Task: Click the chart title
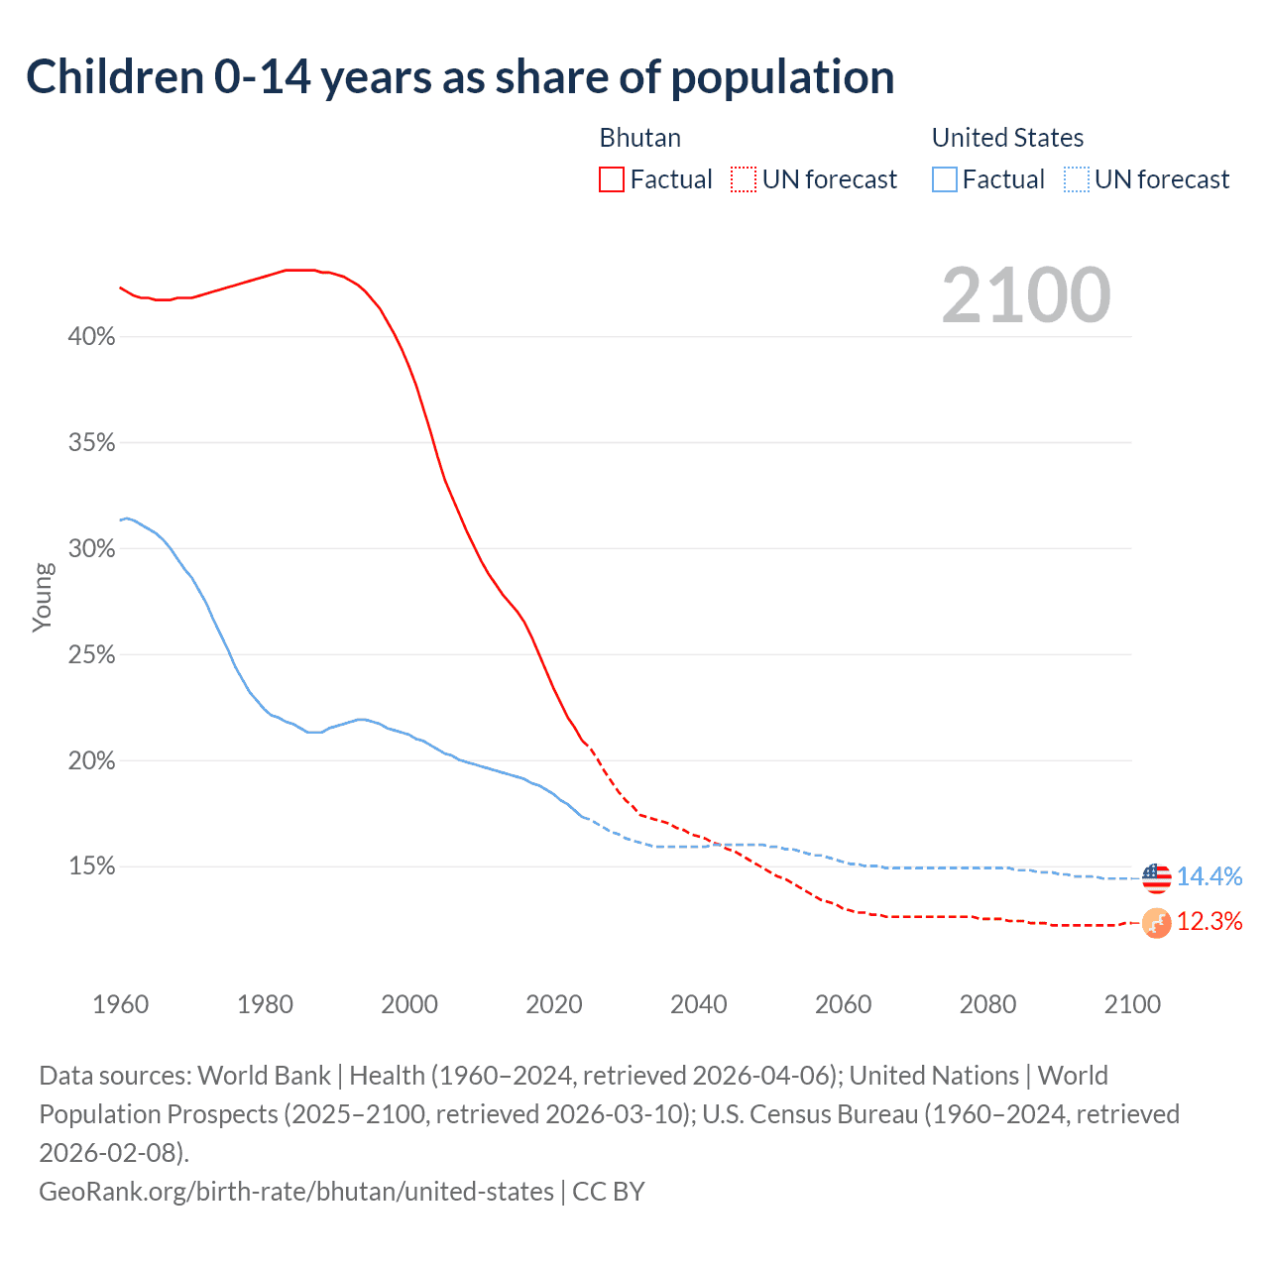(x=460, y=77)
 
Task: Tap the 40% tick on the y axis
(x=91, y=337)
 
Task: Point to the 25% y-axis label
(x=91, y=655)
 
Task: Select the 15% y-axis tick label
(x=91, y=867)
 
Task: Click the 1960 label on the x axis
(x=120, y=1004)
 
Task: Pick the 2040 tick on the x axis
(x=698, y=1004)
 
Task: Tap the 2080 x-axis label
(x=987, y=1004)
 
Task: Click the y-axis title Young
(x=43, y=597)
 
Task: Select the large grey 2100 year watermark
(x=1025, y=295)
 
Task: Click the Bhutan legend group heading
(x=639, y=138)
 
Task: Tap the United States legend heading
(x=1007, y=138)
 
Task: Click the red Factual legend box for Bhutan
(x=612, y=179)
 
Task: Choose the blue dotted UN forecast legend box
(x=1077, y=179)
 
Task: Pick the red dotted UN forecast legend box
(x=744, y=179)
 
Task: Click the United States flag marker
(x=1156, y=877)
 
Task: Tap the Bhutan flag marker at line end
(x=1156, y=923)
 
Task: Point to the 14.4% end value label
(x=1210, y=876)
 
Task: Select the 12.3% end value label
(x=1210, y=922)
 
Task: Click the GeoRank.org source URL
(x=295, y=1191)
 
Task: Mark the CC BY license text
(x=609, y=1191)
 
